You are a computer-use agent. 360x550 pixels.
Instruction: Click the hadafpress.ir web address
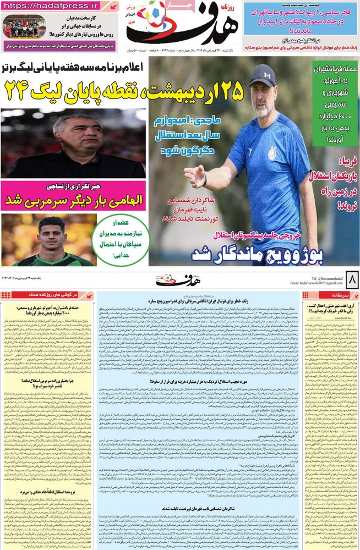pyautogui.click(x=53, y=6)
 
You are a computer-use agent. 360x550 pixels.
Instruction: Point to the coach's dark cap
pyautogui.click(x=263, y=75)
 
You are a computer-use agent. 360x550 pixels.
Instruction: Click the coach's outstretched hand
pyautogui.click(x=194, y=175)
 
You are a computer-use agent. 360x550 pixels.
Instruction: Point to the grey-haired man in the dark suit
pyautogui.click(x=74, y=144)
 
